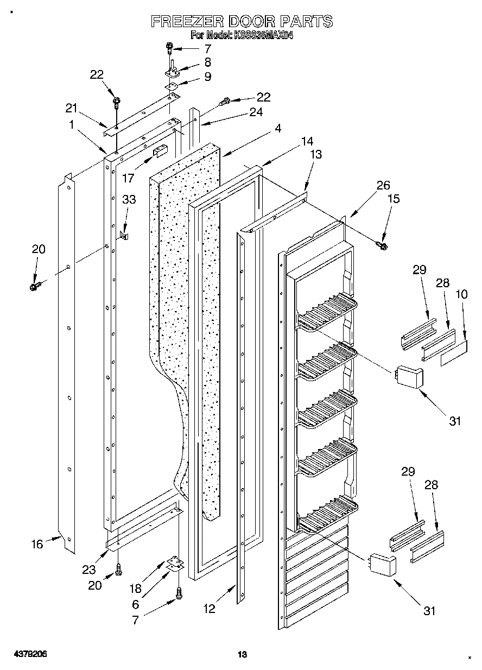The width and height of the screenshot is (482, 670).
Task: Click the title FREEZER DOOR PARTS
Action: [241, 21]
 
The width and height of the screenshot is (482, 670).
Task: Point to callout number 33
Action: [129, 199]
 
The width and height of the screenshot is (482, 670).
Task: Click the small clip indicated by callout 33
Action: [124, 235]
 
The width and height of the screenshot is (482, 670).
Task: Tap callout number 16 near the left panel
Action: [37, 544]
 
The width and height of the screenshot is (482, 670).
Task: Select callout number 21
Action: [72, 108]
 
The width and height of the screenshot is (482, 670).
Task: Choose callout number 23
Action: [88, 570]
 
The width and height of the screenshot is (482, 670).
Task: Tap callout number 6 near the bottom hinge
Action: [136, 604]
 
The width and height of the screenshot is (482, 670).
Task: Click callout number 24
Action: [256, 112]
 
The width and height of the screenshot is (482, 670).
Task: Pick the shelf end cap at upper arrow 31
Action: [409, 377]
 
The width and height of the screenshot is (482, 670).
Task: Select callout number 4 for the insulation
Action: [277, 129]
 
